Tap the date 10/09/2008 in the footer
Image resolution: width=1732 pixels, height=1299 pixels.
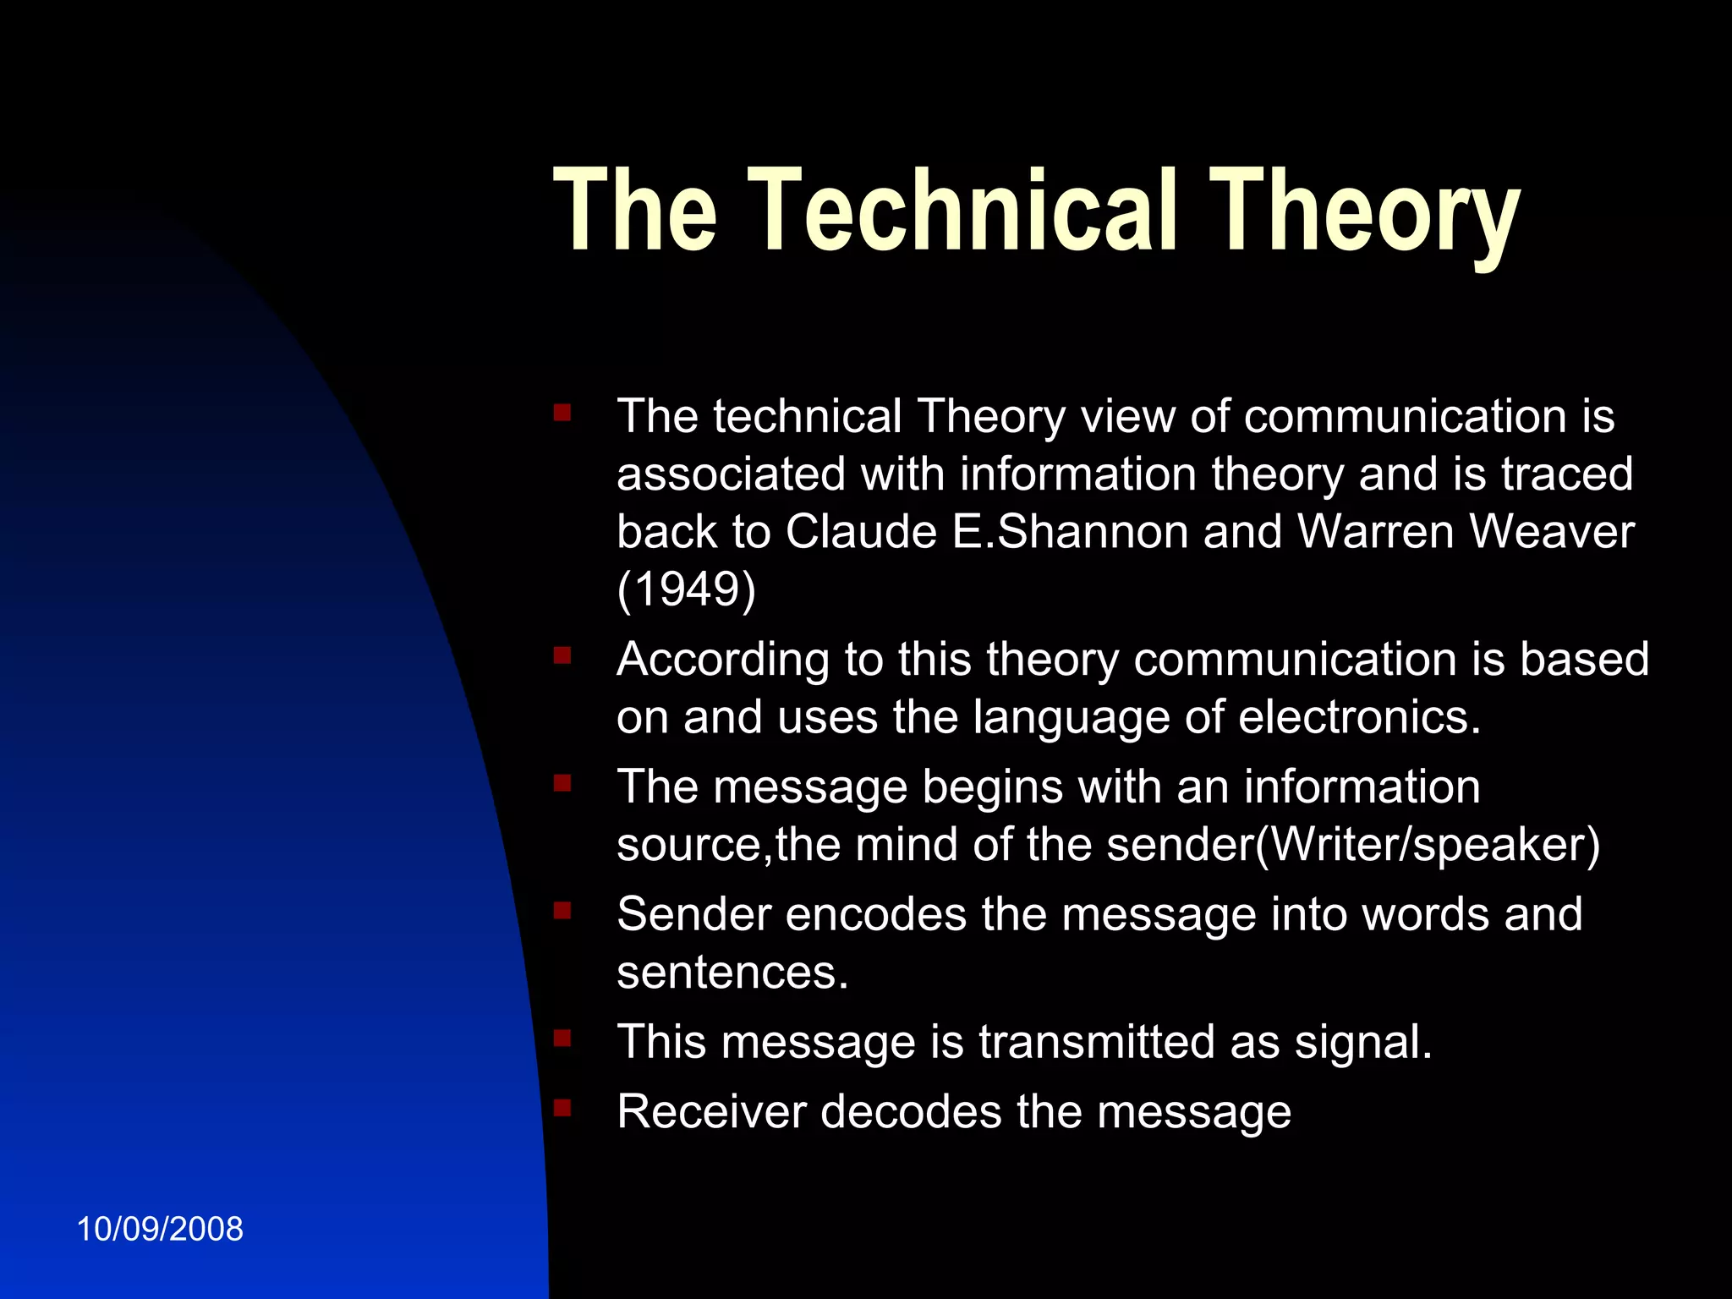160,1229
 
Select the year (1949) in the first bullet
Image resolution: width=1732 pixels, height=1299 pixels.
686,589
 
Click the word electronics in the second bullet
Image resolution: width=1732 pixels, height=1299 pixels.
1359,717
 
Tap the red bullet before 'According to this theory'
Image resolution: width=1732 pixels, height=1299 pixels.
562,655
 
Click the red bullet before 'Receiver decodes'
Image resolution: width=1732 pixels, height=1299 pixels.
562,1107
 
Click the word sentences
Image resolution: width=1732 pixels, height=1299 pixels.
732,973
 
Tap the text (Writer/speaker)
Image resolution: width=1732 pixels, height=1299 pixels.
1428,844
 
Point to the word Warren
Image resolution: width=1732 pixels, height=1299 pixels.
1375,532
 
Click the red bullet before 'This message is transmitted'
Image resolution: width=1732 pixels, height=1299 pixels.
562,1037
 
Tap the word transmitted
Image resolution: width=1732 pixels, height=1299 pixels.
1097,1042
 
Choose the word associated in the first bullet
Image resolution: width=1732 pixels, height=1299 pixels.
731,474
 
